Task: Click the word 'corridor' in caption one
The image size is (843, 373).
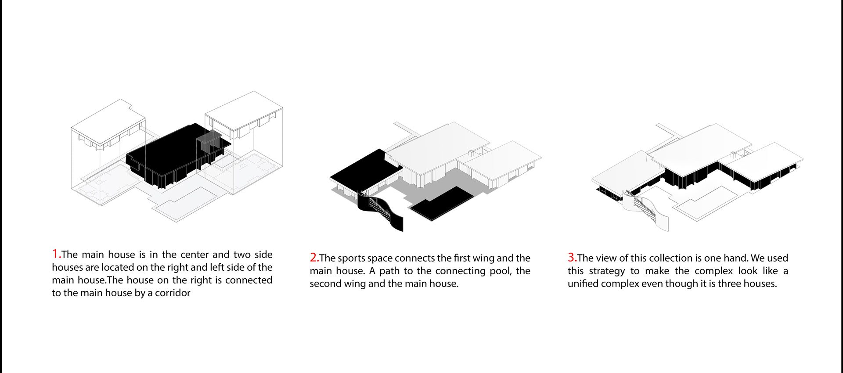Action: point(173,293)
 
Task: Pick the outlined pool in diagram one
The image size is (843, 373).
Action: point(184,202)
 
